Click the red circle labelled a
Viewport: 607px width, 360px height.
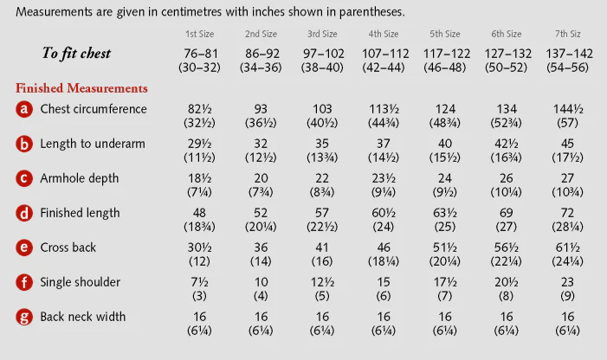[24, 109]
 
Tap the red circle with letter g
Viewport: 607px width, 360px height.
[24, 317]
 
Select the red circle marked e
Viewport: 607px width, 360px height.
[24, 247]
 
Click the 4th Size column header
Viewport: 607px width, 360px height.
[384, 34]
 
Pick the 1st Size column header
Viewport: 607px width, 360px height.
[199, 34]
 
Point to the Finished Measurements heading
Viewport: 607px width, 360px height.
[81, 88]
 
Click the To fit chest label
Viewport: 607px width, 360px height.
[76, 53]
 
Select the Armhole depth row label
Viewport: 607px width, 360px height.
[80, 178]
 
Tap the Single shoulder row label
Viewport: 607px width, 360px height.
[81, 282]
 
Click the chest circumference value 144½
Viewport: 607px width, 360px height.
[568, 109]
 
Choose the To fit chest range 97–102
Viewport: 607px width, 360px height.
[322, 54]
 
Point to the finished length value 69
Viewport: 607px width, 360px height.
[507, 213]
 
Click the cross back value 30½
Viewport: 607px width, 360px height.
[199, 247]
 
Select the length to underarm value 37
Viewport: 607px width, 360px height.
[384, 144]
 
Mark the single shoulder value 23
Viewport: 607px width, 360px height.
[567, 282]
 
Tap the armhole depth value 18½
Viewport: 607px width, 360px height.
[199, 178]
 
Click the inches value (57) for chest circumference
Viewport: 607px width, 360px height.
[567, 123]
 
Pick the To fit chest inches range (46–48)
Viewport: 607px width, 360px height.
[445, 67]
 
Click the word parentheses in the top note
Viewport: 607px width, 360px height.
[371, 12]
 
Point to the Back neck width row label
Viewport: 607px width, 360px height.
[83, 317]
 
